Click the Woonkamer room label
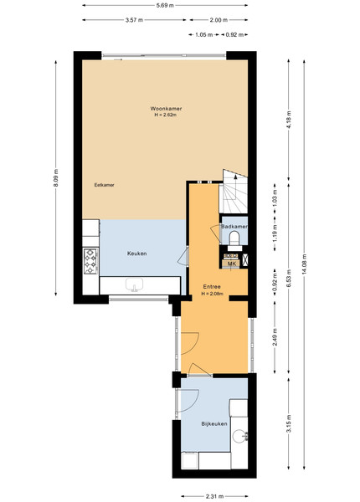[x=166, y=109]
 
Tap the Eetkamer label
[x=104, y=185]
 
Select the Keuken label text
[x=137, y=254]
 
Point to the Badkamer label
[x=234, y=227]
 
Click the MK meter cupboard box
[x=231, y=264]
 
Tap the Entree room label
[x=212, y=287]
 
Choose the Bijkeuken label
[x=214, y=424]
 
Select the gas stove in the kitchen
[x=90, y=262]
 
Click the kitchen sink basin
[x=135, y=284]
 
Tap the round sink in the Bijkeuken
[x=239, y=436]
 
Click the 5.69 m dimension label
[x=165, y=5]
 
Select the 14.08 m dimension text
[x=304, y=264]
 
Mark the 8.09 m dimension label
[x=56, y=177]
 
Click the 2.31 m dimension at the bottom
[x=214, y=496]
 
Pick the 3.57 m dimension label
[x=134, y=20]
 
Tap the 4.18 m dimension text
[x=288, y=120]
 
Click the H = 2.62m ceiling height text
[x=166, y=115]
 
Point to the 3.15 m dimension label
[x=288, y=423]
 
